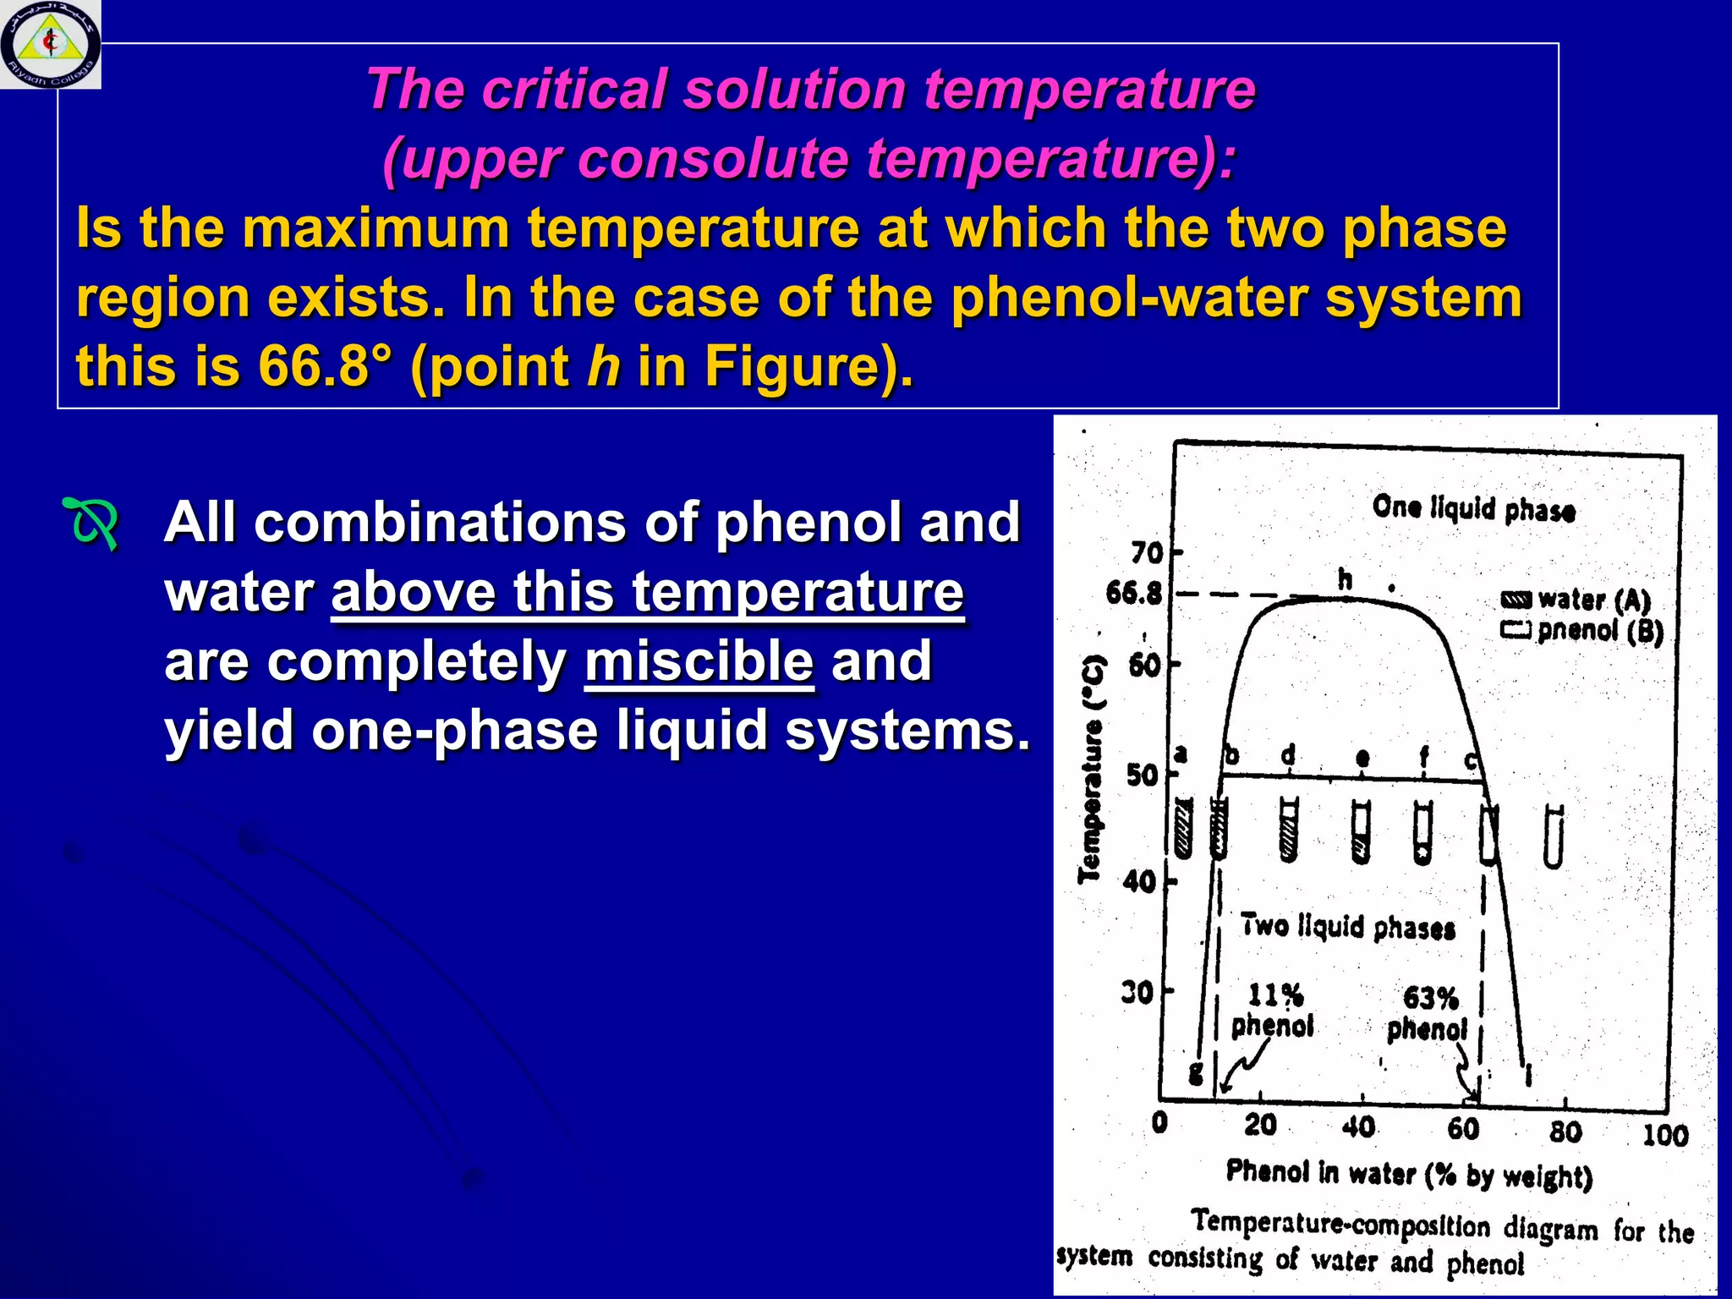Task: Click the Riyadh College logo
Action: click(x=51, y=44)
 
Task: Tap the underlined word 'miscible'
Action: click(x=699, y=661)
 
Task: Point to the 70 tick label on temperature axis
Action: click(x=1147, y=553)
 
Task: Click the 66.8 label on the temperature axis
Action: click(x=1134, y=594)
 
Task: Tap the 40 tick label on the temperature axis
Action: click(x=1139, y=882)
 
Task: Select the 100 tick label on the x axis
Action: click(x=1664, y=1135)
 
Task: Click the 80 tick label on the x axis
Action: click(x=1565, y=1132)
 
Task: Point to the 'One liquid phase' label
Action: click(x=1473, y=508)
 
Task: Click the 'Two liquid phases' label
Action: click(x=1347, y=927)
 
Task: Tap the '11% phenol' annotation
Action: click(x=1274, y=1011)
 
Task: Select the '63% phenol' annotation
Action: click(x=1428, y=1013)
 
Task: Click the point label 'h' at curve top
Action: click(x=1345, y=579)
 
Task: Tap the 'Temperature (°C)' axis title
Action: click(x=1092, y=769)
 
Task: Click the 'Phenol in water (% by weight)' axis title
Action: click(x=1409, y=1174)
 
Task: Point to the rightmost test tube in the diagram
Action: click(x=1554, y=837)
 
